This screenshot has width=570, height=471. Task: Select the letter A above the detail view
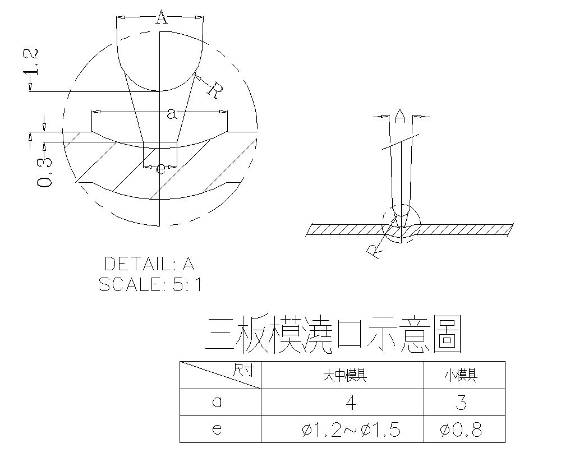pos(161,19)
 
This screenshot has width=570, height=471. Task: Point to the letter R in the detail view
pos(215,89)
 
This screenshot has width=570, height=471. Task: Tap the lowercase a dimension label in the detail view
pos(172,114)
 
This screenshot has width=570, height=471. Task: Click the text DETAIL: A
pos(149,264)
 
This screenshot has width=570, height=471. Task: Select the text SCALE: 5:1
pos(150,284)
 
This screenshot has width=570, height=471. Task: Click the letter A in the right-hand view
pos(399,116)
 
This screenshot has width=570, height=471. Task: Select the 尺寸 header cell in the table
pos(243,370)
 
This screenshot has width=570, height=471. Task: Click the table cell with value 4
pos(351,403)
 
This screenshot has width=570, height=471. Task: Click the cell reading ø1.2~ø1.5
pos(351,430)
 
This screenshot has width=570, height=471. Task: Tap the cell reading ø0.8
pos(461,430)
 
